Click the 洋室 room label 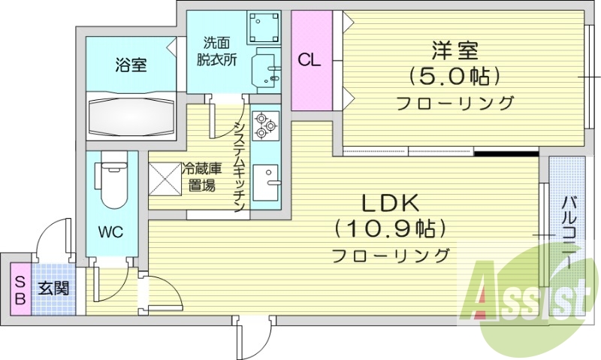[455, 50]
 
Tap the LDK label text [391, 204]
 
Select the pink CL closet [312, 61]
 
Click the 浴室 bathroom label [131, 65]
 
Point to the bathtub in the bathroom [131, 116]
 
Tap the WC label [110, 232]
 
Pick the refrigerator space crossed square [165, 179]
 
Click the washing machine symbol [264, 27]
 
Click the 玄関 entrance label [53, 289]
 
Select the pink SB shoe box [20, 290]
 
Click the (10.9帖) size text [390, 229]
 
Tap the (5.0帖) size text [455, 77]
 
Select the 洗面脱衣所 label [217, 51]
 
